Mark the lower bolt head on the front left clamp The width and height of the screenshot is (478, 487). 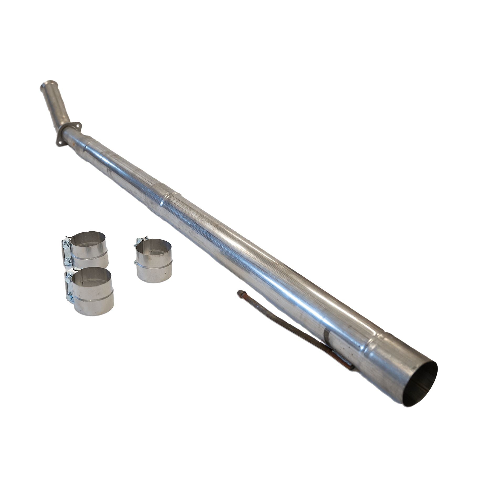tap(69, 297)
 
